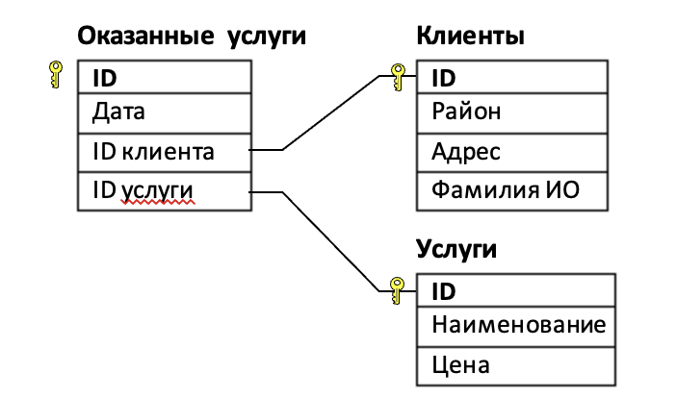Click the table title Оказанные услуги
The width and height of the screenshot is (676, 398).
[x=191, y=37]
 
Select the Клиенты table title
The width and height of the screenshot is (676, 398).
[x=470, y=37]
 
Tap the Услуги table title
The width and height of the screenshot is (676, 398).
[x=456, y=251]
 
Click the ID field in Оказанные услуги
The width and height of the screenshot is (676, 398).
[x=163, y=77]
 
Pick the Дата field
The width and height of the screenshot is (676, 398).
[x=163, y=113]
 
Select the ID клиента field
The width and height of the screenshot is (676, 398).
[x=163, y=151]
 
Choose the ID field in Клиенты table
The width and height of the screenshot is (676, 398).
[x=512, y=77]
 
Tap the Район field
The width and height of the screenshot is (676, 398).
[x=512, y=113]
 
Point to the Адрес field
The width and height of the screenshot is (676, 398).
[x=512, y=152]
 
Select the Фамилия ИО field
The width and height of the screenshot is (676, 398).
[x=512, y=190]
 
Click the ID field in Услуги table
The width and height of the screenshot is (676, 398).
[x=515, y=289]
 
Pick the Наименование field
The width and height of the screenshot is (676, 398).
[x=515, y=325]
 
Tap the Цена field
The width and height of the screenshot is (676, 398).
[x=515, y=364]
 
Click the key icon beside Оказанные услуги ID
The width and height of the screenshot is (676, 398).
[x=55, y=75]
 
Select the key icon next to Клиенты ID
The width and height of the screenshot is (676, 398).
[x=396, y=77]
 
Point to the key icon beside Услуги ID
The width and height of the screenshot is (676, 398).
[x=396, y=289]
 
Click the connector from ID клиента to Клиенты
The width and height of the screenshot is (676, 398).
[x=327, y=114]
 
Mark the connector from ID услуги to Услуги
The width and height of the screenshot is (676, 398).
[x=327, y=240]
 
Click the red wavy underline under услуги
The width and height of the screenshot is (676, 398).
[x=158, y=204]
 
